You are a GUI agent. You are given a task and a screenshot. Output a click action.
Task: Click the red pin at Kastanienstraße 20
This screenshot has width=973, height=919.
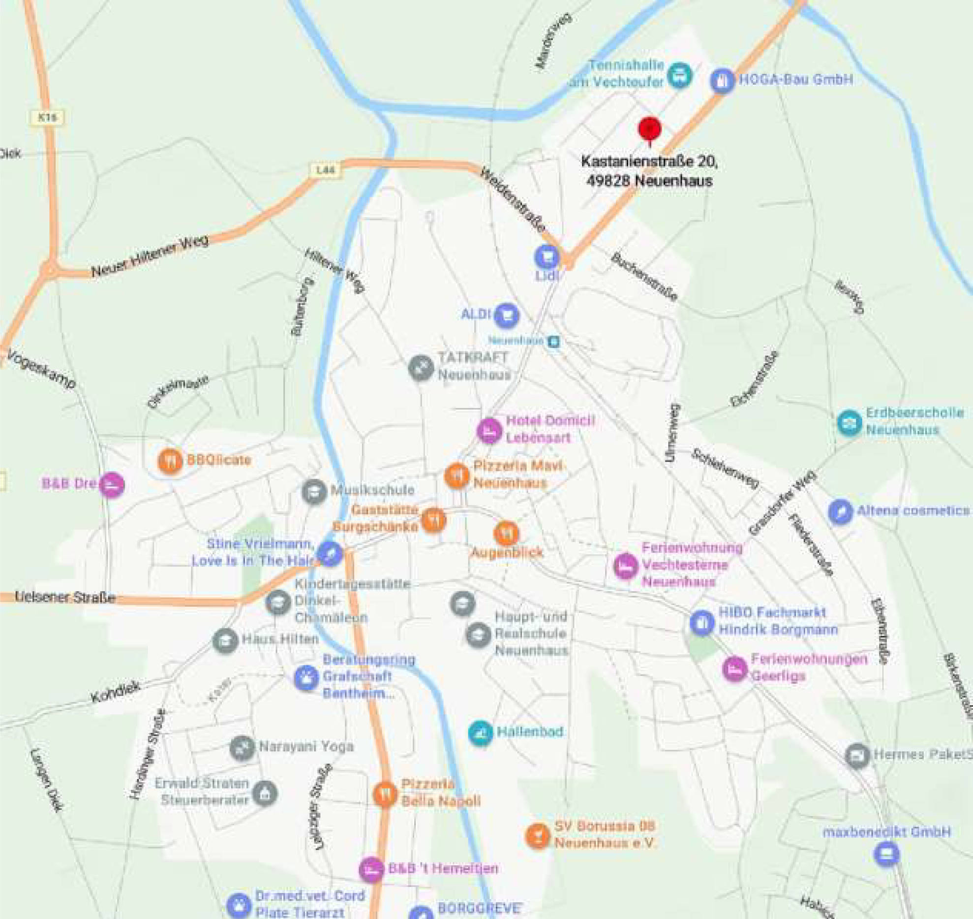(649, 129)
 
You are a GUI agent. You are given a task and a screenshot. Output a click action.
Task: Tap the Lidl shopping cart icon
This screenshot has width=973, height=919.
(547, 256)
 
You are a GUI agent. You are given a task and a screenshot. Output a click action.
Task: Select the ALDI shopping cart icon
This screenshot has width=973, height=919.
(507, 315)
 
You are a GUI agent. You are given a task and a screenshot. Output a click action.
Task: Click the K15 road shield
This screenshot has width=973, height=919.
(47, 117)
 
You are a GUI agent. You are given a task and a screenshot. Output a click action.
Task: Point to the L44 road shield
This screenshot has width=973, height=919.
(325, 170)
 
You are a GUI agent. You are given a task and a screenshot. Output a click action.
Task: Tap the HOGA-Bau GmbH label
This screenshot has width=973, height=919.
(795, 80)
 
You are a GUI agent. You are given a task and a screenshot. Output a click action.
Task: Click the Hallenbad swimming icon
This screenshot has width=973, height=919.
(481, 733)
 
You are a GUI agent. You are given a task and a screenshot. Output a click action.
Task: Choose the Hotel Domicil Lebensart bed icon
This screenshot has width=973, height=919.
(489, 431)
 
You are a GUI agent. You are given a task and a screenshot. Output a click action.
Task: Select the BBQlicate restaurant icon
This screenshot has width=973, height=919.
(170, 461)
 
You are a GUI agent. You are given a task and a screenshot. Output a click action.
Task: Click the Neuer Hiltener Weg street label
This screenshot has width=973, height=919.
(150, 256)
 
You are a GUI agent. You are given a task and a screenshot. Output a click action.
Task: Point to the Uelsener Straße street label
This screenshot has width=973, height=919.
(65, 597)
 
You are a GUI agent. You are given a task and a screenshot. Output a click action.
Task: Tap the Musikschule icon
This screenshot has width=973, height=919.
(314, 491)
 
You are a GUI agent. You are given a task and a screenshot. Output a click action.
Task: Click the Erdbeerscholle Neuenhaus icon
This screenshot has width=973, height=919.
(850, 422)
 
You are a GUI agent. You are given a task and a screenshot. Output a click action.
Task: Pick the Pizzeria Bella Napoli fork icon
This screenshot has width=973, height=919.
(385, 794)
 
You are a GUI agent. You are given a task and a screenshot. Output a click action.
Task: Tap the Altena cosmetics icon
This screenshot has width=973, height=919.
(840, 512)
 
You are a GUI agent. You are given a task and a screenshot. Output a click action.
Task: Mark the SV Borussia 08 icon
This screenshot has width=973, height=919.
(537, 835)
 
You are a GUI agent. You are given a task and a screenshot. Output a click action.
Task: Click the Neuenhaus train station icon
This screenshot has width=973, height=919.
(554, 341)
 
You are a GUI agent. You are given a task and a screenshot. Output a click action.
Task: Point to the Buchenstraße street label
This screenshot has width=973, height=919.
(644, 277)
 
